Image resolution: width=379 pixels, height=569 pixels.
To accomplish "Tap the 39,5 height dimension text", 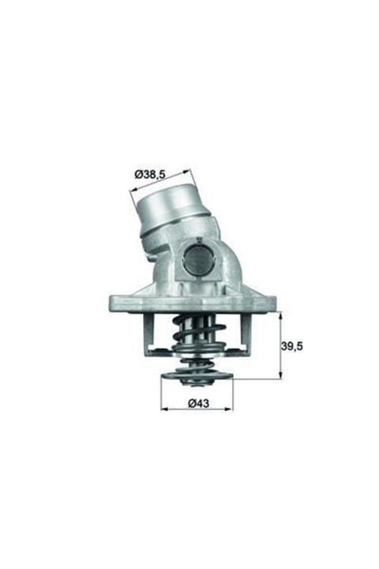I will click(x=294, y=345).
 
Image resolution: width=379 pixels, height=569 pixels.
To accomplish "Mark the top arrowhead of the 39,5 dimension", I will click(x=280, y=314).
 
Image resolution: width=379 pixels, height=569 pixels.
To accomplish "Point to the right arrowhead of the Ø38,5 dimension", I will click(x=189, y=168).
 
